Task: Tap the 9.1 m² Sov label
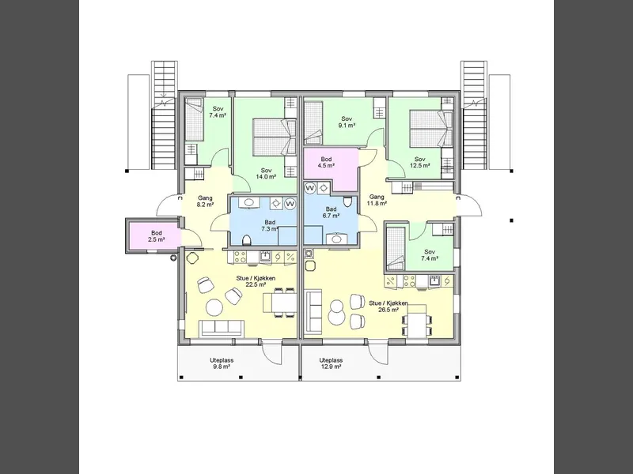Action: [347, 122]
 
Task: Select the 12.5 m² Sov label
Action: [420, 163]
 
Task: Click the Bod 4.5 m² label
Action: [326, 163]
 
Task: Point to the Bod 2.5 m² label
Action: [157, 236]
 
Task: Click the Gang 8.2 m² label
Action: [206, 201]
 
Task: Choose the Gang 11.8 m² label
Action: [377, 200]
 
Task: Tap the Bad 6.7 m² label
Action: [331, 213]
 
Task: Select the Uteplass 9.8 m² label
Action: [222, 363]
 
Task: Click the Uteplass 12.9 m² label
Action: [331, 363]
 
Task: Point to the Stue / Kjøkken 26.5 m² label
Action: [389, 307]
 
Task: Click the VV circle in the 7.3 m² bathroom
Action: [290, 204]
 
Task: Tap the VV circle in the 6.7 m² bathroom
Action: [309, 188]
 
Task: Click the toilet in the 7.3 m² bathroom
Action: [247, 240]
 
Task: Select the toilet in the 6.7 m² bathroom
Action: [348, 201]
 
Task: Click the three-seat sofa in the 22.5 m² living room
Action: [222, 329]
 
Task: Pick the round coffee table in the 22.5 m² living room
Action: [214, 308]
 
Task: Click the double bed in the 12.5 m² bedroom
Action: [430, 129]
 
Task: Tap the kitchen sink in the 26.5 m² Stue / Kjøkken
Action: [434, 280]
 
